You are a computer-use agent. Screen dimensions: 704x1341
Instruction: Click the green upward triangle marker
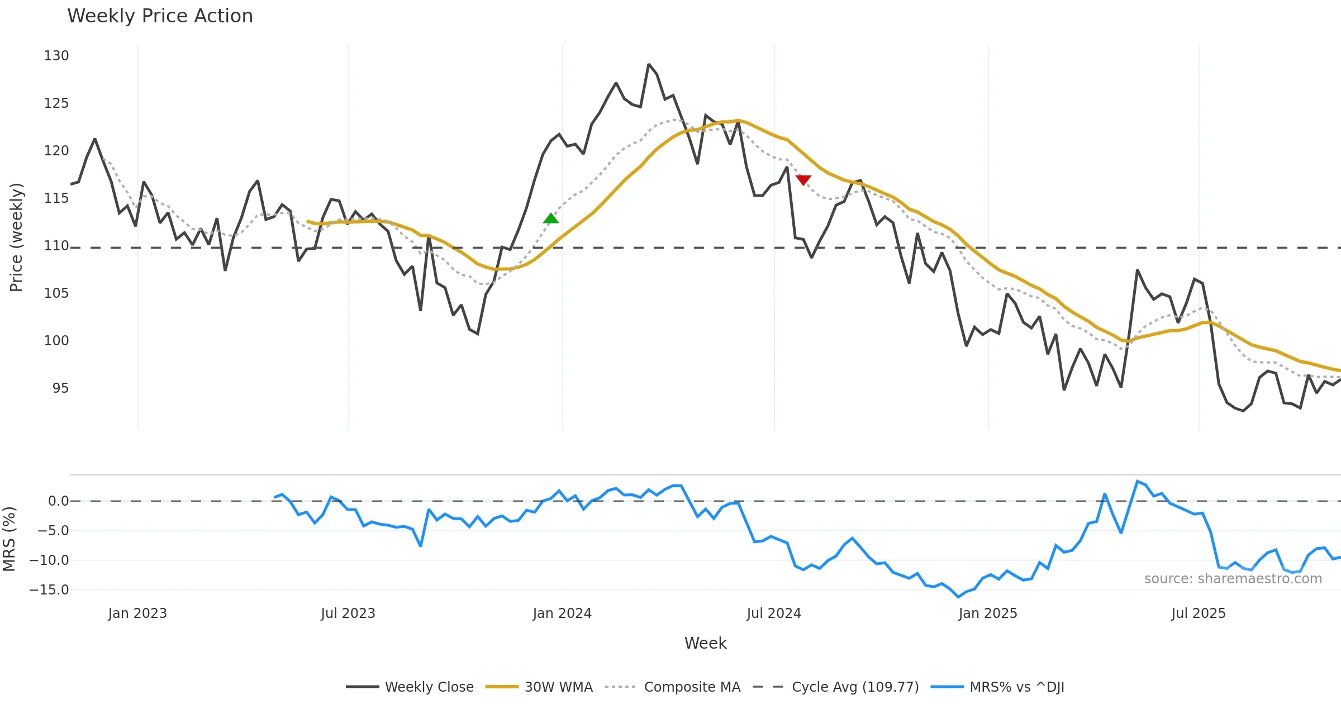click(550, 218)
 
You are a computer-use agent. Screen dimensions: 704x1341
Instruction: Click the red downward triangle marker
click(803, 180)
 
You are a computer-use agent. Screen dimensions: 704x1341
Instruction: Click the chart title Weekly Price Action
click(160, 16)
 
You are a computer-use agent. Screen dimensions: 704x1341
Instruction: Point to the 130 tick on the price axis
click(56, 56)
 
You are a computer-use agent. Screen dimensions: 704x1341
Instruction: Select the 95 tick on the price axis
click(60, 388)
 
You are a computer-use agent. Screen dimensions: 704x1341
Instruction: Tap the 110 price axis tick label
click(56, 246)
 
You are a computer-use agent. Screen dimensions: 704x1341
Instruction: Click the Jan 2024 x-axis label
click(562, 613)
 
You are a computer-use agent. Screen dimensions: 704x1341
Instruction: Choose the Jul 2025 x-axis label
click(1199, 613)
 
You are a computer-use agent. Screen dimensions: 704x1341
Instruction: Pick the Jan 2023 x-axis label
click(137, 613)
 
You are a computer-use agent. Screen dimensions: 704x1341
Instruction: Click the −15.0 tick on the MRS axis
click(49, 590)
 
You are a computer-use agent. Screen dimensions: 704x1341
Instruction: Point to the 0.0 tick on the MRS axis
click(58, 501)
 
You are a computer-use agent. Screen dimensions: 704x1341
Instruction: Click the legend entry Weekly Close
click(429, 687)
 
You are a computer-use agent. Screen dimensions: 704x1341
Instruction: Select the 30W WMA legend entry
click(558, 687)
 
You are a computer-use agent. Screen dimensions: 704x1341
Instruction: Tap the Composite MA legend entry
click(692, 687)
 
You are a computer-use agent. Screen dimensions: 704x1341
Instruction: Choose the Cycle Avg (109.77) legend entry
click(855, 687)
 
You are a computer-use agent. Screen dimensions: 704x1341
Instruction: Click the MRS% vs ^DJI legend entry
click(1016, 687)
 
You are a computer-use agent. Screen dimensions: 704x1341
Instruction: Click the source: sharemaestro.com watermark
click(1233, 579)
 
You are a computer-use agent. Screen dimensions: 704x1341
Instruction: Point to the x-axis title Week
click(705, 643)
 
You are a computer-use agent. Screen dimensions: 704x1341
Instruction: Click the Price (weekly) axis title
click(16, 237)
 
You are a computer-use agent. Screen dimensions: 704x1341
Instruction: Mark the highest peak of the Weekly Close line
click(649, 65)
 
